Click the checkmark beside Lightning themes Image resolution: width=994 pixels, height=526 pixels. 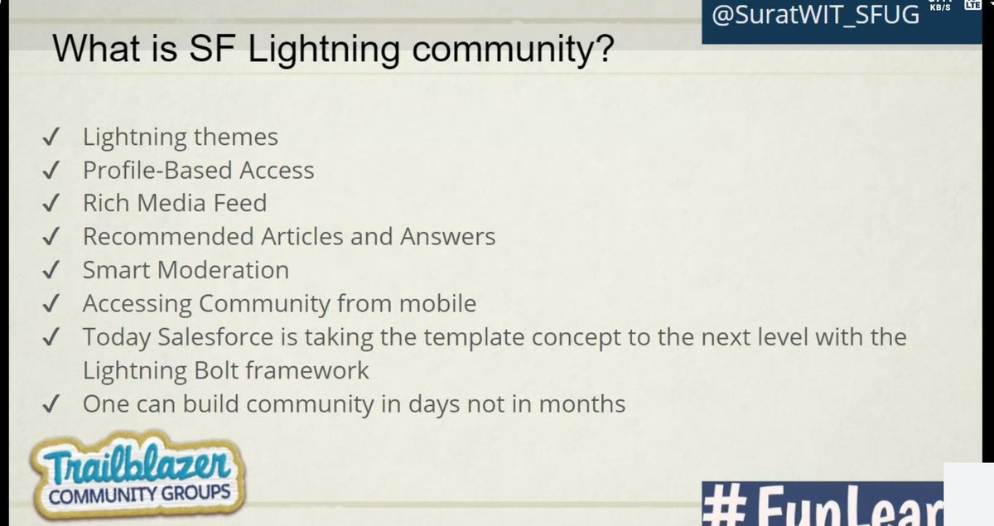51,137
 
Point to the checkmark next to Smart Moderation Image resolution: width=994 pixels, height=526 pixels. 51,270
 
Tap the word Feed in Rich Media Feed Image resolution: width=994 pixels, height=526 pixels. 241,204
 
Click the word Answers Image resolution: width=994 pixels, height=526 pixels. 448,237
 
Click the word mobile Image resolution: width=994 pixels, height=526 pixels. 437,303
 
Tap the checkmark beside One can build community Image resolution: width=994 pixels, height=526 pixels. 51,403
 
